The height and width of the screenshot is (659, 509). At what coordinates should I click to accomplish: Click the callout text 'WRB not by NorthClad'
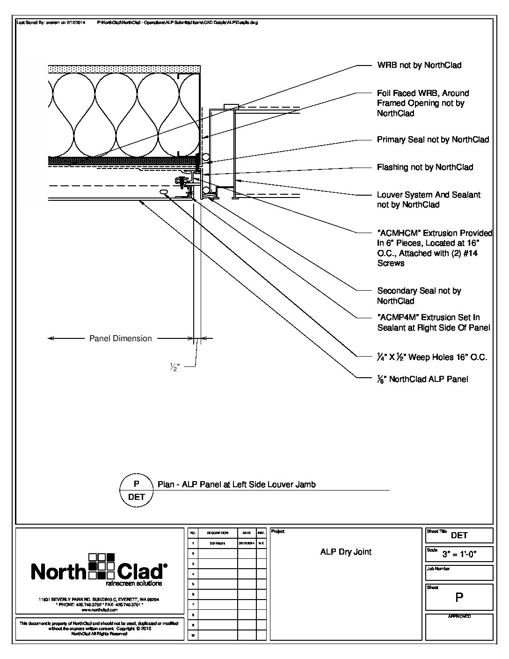pyautogui.click(x=419, y=65)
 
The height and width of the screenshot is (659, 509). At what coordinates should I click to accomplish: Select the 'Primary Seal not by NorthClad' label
pyautogui.click(x=433, y=139)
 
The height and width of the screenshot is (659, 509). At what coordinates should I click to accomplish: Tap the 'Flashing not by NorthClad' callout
pyautogui.click(x=425, y=167)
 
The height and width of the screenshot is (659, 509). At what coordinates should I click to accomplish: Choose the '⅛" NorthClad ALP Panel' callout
pyautogui.click(x=422, y=379)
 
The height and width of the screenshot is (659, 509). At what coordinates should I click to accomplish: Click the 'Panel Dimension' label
pyautogui.click(x=120, y=338)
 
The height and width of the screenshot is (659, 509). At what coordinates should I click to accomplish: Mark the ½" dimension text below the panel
pyautogui.click(x=175, y=367)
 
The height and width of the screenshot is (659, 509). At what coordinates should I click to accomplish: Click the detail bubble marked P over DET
pyautogui.click(x=137, y=491)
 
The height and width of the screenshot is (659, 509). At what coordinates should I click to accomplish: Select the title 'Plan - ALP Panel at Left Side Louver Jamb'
pyautogui.click(x=236, y=484)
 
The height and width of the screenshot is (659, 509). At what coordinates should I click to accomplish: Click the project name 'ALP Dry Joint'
pyautogui.click(x=346, y=552)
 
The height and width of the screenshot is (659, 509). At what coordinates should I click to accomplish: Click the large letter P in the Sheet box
pyautogui.click(x=459, y=598)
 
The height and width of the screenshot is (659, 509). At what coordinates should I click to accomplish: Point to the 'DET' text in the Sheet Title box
pyautogui.click(x=459, y=535)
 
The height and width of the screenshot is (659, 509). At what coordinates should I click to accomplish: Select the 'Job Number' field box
pyautogui.click(x=459, y=573)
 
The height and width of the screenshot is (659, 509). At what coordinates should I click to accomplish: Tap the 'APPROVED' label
pyautogui.click(x=459, y=616)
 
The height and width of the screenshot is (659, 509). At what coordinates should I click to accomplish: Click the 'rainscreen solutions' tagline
pyautogui.click(x=134, y=584)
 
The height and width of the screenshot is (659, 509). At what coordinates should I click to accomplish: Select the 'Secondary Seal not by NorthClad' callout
pyautogui.click(x=419, y=296)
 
